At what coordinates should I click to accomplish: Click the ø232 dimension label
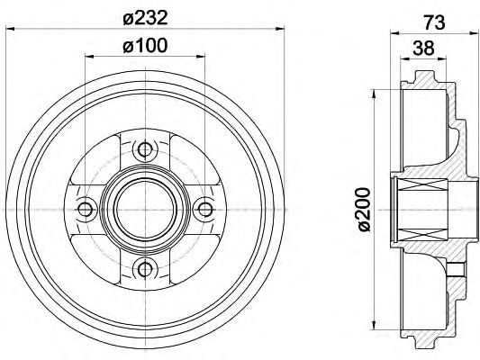[x=145, y=18]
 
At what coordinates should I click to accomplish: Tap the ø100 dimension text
[x=145, y=46]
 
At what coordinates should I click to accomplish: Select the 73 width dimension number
[x=434, y=22]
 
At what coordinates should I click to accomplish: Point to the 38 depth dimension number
[x=423, y=48]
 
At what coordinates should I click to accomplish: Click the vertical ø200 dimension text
[x=365, y=210]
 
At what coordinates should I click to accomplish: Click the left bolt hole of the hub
[x=85, y=210]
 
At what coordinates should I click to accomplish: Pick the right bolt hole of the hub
[x=205, y=210]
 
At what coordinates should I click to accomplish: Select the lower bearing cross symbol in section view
[x=422, y=234]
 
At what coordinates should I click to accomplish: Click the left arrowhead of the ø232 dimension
[x=10, y=29]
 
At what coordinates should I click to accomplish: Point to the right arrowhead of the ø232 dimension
[x=280, y=29]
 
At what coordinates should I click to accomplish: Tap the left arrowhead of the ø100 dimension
[x=89, y=56]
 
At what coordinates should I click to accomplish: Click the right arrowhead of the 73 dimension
[x=469, y=32]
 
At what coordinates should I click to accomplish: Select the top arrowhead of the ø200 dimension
[x=374, y=94]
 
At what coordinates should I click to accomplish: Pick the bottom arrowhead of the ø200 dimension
[x=374, y=326]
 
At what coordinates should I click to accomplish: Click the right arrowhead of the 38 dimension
[x=442, y=58]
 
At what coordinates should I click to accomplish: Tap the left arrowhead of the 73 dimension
[x=394, y=32]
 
